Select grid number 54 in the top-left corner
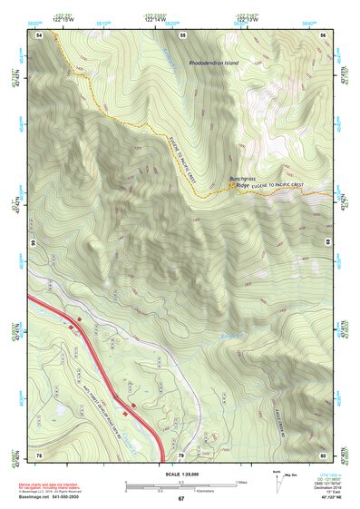(x=40, y=34)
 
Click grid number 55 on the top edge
(x=182, y=34)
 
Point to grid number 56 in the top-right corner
(x=324, y=34)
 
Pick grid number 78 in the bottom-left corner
(x=40, y=454)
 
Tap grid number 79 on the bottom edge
(x=181, y=454)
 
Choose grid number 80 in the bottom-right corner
(x=324, y=454)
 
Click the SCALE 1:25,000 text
(x=180, y=475)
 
